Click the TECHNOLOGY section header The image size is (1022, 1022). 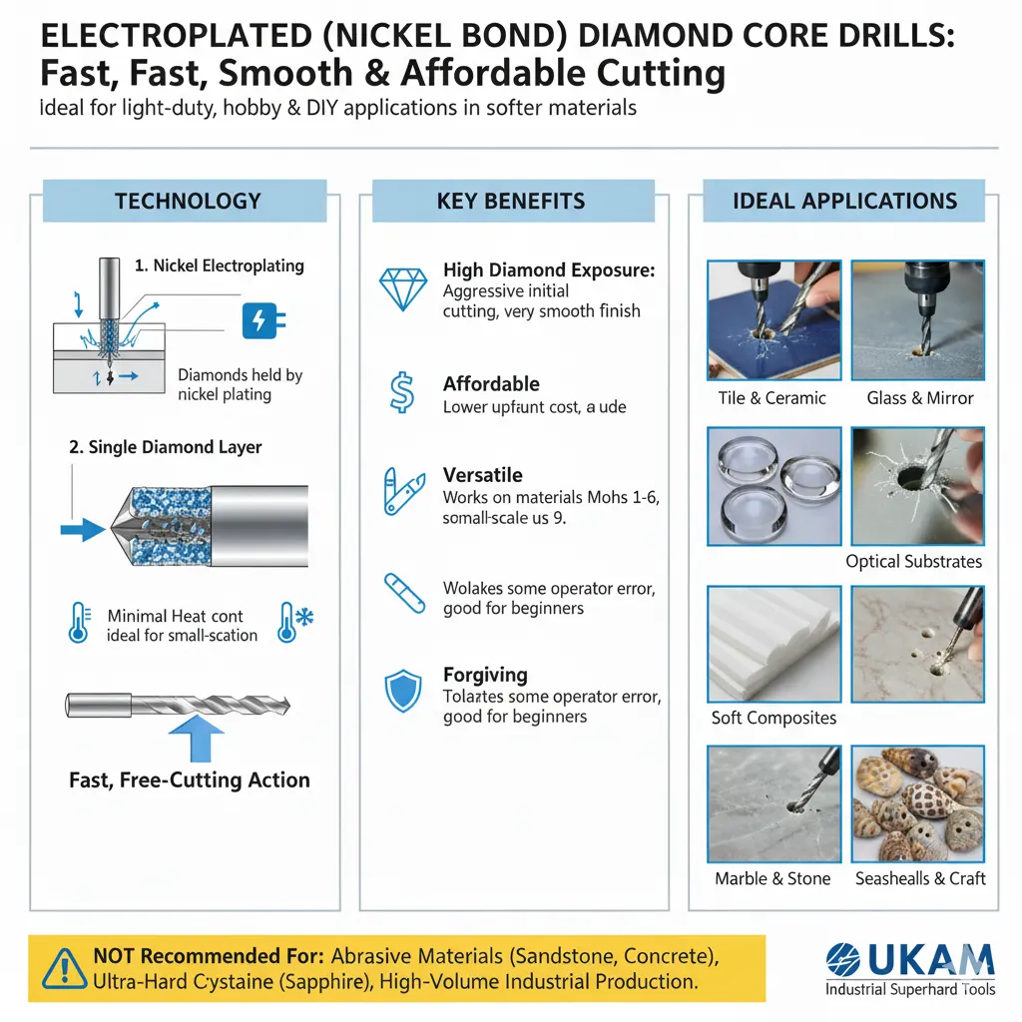pos(187,202)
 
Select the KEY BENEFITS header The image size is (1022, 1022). pos(511,202)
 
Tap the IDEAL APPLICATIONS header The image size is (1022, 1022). pos(844,202)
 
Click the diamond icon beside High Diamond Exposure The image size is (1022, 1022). pos(403,287)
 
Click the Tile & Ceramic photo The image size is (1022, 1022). pos(773,320)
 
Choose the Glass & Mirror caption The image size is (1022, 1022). pos(919,398)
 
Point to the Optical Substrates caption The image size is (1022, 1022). pos(913,561)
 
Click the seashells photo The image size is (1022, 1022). pos(918,803)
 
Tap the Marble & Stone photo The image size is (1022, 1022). pos(773,803)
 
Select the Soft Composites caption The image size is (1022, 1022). pos(773,718)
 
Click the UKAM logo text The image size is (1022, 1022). pos(910,959)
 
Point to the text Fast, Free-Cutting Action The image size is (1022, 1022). pos(190,780)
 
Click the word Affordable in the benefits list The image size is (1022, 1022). pos(491,384)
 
